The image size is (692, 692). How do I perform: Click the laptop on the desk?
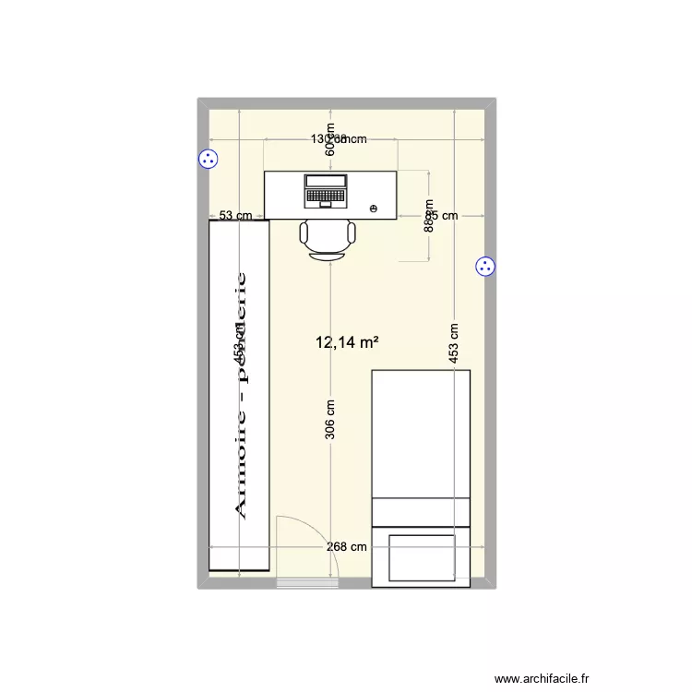click(325, 190)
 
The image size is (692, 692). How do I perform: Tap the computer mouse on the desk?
click(374, 209)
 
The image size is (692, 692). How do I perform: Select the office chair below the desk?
click(328, 239)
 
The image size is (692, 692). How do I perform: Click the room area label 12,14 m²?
click(347, 343)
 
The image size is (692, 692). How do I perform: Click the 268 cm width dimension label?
click(346, 546)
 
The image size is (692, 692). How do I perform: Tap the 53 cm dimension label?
click(235, 216)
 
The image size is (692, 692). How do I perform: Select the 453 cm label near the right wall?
click(455, 343)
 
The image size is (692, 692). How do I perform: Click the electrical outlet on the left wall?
click(209, 159)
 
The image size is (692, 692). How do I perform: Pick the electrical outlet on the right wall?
click(486, 267)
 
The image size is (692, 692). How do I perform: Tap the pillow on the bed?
click(422, 558)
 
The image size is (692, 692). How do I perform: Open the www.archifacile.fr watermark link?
click(541, 676)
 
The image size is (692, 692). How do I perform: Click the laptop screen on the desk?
click(325, 181)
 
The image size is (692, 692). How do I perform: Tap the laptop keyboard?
click(325, 197)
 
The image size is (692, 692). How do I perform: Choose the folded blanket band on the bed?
click(422, 512)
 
